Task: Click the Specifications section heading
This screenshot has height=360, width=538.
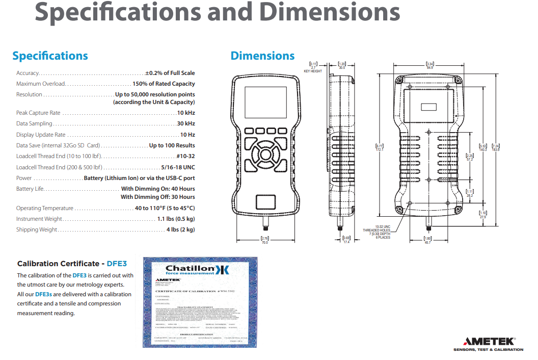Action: tap(50, 56)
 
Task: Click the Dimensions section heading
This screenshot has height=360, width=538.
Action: tap(262, 56)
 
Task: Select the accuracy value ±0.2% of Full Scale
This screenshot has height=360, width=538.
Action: tap(170, 73)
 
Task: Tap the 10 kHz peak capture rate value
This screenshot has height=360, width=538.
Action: tap(186, 113)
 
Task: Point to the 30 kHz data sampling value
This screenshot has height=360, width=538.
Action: tap(186, 124)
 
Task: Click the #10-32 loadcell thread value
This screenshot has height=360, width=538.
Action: tap(185, 156)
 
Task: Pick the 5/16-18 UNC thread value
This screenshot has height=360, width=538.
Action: tap(178, 167)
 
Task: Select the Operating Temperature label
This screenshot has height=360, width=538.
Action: tap(45, 208)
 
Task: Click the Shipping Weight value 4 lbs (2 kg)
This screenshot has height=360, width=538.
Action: tap(180, 229)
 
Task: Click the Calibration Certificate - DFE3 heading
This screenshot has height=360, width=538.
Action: tap(72, 264)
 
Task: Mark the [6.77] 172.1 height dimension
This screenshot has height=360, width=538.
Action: tap(379, 147)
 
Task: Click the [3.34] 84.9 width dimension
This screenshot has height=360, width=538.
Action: tap(429, 65)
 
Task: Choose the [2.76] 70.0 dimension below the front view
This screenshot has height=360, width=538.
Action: tap(264, 240)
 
